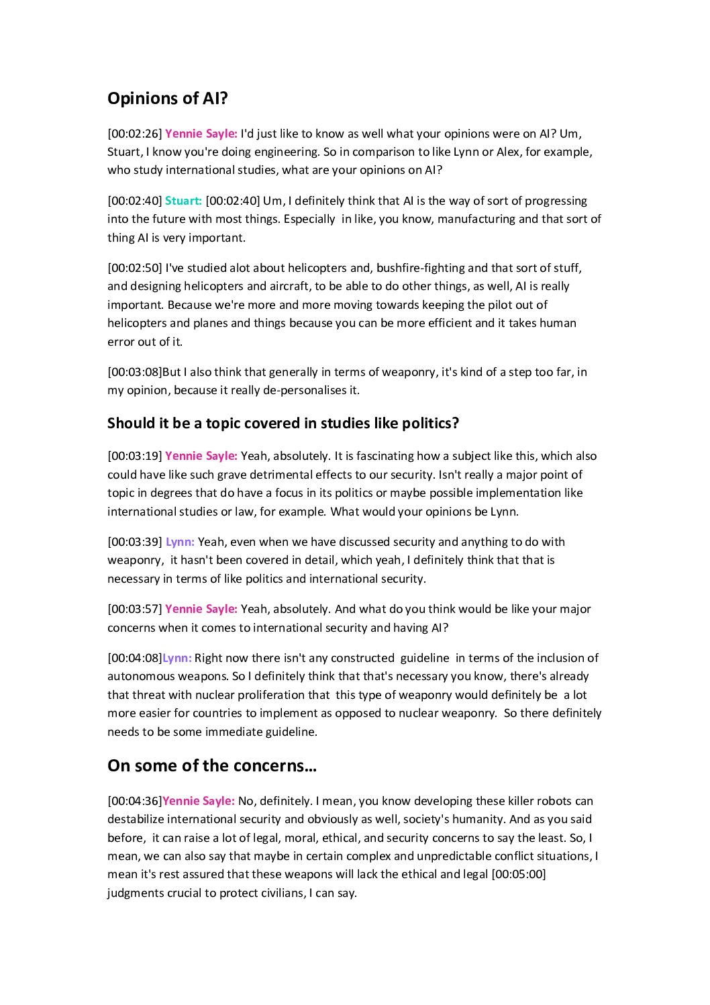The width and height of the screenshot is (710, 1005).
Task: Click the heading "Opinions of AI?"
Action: pyautogui.click(x=168, y=99)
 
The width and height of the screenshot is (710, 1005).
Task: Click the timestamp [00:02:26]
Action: pyautogui.click(x=135, y=134)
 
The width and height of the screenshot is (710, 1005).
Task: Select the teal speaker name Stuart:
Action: pyautogui.click(x=183, y=201)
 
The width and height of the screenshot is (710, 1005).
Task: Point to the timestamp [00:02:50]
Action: pyautogui.click(x=135, y=268)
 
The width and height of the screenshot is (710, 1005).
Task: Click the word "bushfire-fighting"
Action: pyautogui.click(x=420, y=268)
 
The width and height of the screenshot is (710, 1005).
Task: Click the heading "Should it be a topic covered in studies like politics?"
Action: pyautogui.click(x=283, y=423)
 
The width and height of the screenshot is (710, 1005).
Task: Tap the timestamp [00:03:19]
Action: pyautogui.click(x=135, y=456)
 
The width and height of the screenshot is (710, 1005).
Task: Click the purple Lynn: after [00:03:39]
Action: pyautogui.click(x=180, y=542)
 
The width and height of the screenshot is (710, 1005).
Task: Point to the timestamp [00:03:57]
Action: pyautogui.click(x=135, y=609)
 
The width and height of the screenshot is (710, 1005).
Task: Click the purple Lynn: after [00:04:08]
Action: pyautogui.click(x=177, y=658)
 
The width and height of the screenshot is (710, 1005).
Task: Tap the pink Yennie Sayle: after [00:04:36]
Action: pyautogui.click(x=199, y=801)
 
